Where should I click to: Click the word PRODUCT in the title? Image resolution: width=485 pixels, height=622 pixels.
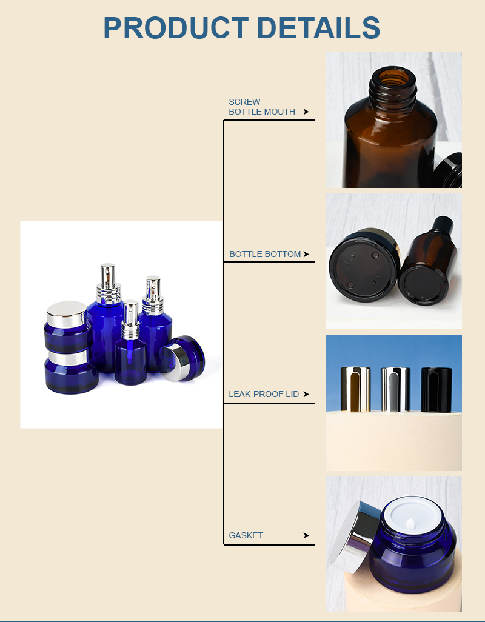coord(176,28)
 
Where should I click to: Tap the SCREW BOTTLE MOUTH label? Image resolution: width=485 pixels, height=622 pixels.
coord(262,107)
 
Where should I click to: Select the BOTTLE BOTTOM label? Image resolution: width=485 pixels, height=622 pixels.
coord(265,254)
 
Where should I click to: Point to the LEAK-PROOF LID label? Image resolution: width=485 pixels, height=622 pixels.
coord(264,394)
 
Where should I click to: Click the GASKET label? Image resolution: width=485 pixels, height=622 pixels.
coord(246,535)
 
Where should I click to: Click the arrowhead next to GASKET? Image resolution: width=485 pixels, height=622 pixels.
coord(306,535)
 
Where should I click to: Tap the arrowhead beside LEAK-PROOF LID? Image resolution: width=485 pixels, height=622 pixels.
coord(306,394)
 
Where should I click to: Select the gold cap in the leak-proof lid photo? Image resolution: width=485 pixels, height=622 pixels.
coord(352,389)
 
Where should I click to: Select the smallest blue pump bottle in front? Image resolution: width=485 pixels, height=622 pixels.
coord(130,352)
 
